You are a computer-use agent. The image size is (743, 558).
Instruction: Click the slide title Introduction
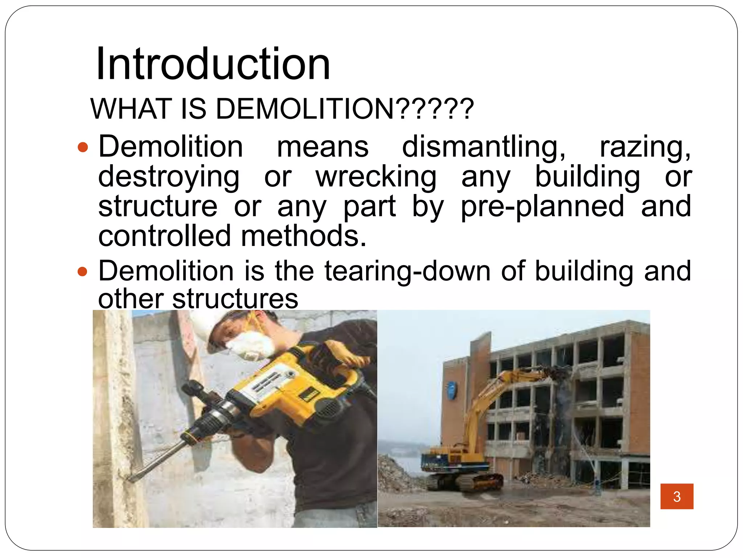click(213, 64)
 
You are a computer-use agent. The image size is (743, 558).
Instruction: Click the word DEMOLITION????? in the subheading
click(345, 109)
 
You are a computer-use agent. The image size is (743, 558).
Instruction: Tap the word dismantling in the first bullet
click(484, 147)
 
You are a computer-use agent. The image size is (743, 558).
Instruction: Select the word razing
click(645, 147)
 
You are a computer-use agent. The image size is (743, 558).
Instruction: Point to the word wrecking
click(376, 177)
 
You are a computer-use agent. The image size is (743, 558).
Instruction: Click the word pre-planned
click(542, 206)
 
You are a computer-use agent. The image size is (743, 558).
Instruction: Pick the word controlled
click(164, 236)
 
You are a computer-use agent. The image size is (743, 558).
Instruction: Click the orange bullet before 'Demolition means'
click(83, 147)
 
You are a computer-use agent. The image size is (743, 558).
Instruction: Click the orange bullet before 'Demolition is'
click(83, 271)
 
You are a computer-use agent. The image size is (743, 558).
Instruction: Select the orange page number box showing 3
click(677, 496)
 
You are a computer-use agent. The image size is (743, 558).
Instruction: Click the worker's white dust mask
click(250, 345)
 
